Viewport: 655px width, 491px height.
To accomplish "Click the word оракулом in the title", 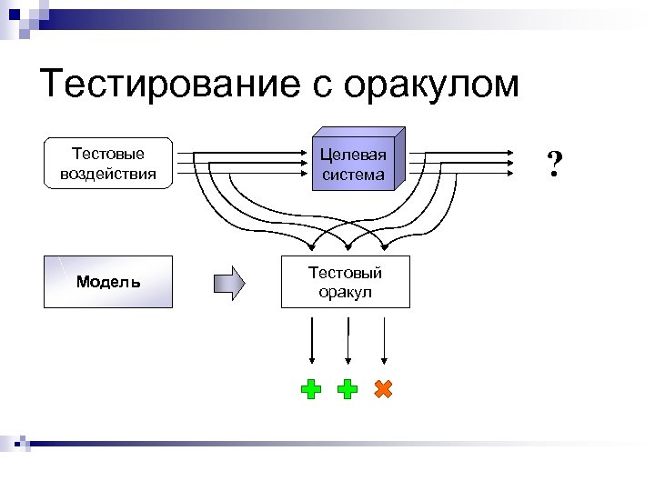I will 431,85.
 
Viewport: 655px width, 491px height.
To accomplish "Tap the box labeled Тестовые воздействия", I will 108,163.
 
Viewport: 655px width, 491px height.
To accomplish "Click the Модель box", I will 108,282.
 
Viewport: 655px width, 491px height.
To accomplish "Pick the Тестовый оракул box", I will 345,282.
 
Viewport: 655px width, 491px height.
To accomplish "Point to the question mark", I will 554,164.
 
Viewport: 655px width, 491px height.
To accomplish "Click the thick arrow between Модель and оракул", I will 229,282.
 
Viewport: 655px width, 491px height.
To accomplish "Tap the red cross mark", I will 383,389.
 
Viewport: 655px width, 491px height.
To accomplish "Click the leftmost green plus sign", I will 311,390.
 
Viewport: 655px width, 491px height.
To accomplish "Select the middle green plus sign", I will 347,390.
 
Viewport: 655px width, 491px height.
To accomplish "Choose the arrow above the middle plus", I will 347,342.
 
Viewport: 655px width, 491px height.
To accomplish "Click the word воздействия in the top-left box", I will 108,173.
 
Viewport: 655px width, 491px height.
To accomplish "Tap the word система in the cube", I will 353,174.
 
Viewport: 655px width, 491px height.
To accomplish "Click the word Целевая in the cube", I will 353,155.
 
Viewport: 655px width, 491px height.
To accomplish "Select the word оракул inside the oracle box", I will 345,292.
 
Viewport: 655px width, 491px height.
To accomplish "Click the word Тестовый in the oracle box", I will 345,273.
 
